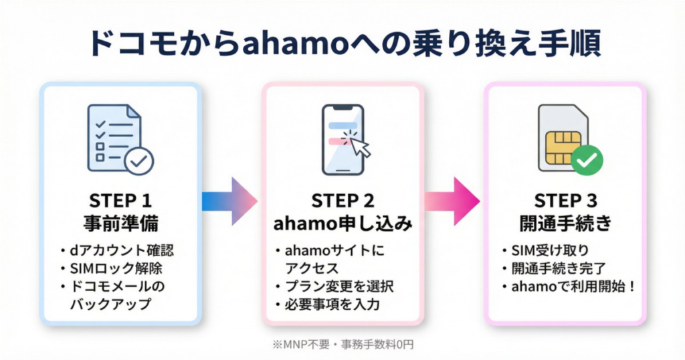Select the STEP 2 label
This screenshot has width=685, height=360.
[342, 201]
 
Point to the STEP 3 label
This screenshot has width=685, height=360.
[565, 201]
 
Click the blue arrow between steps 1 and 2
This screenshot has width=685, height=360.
[230, 202]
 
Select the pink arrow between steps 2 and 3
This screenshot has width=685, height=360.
[452, 202]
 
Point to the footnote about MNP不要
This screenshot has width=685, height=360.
[342, 344]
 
